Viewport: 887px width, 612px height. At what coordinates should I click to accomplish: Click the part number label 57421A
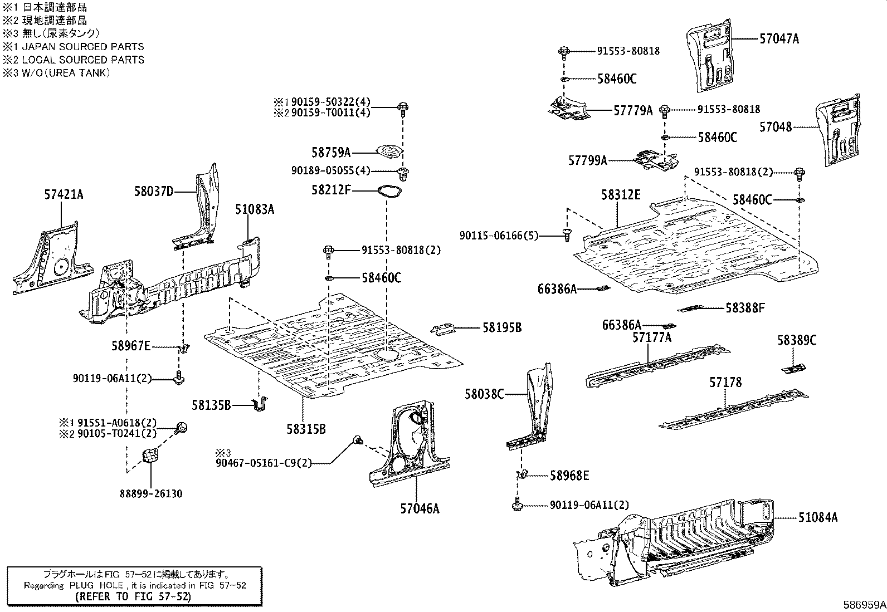64,194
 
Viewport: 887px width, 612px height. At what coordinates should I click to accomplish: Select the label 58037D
153,192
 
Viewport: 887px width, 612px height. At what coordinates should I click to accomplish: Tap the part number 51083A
254,209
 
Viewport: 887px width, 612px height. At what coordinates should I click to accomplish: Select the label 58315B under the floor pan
306,429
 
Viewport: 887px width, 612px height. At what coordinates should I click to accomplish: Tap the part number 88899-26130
150,493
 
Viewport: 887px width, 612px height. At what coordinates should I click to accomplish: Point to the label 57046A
420,508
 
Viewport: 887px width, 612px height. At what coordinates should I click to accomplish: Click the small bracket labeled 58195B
445,329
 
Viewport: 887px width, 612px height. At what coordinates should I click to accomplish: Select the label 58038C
484,394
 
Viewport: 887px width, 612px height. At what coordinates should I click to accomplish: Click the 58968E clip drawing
523,474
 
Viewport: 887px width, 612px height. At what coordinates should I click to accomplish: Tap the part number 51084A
817,517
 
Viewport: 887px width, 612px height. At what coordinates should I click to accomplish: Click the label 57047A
779,38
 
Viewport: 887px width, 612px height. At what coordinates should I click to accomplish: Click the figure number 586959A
864,605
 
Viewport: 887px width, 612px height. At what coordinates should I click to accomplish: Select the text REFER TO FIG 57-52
133,596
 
